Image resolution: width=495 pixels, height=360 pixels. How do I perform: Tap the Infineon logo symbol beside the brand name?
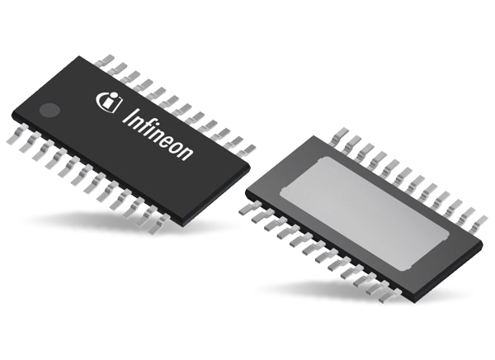point(108,101)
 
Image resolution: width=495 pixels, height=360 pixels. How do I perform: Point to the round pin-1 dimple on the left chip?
point(50,108)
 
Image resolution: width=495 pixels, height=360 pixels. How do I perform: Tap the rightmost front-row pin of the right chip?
point(387,292)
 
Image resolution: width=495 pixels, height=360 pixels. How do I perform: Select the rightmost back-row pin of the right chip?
point(477,220)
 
